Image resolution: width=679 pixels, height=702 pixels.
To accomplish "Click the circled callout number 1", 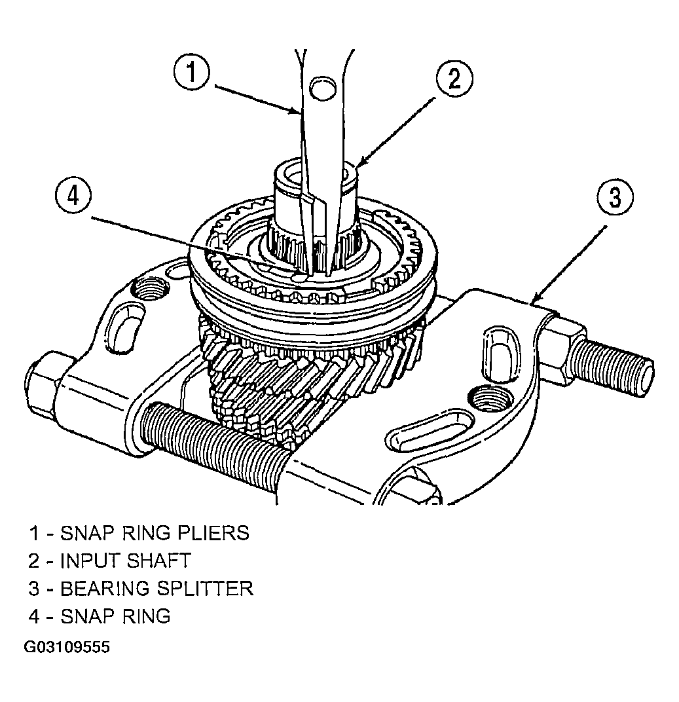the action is point(192,73).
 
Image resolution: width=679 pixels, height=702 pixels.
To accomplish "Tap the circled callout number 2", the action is point(454,79).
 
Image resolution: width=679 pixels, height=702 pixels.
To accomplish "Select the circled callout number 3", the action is point(615,197).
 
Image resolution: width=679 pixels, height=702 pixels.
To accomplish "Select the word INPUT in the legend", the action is point(90,561).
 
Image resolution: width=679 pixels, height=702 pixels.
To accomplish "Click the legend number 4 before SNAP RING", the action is point(34,616).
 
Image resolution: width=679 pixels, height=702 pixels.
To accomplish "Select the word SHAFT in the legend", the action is point(159,561).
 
